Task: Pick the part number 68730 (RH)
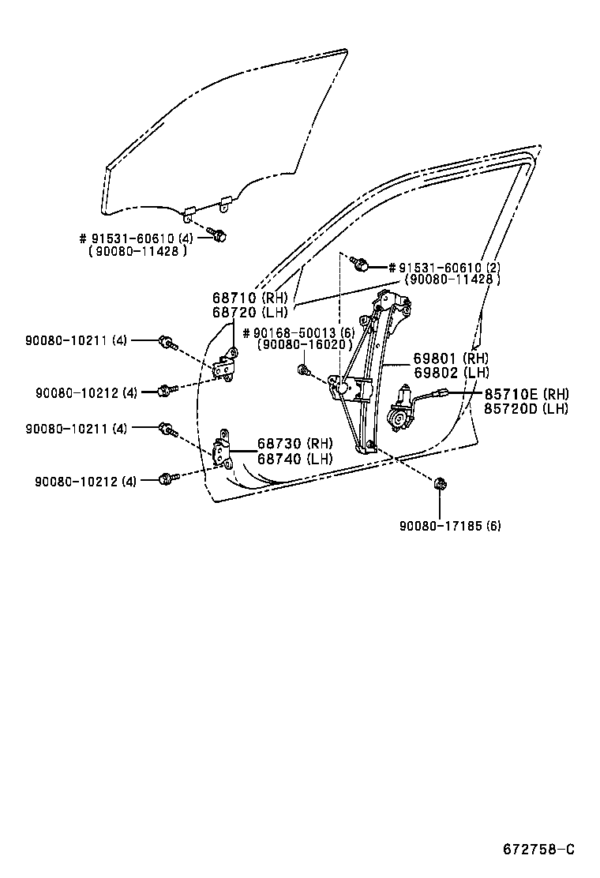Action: (x=295, y=444)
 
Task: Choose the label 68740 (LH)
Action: (x=295, y=458)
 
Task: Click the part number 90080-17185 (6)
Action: (x=450, y=525)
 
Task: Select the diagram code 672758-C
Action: (x=539, y=850)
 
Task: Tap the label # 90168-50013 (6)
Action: (x=298, y=332)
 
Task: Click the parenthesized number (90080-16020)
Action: (x=304, y=345)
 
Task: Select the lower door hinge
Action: (x=223, y=451)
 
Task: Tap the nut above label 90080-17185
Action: (x=439, y=482)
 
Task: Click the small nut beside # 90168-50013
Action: (x=303, y=369)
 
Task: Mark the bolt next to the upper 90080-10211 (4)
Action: (x=167, y=342)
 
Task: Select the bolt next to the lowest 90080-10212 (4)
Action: (x=166, y=478)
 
